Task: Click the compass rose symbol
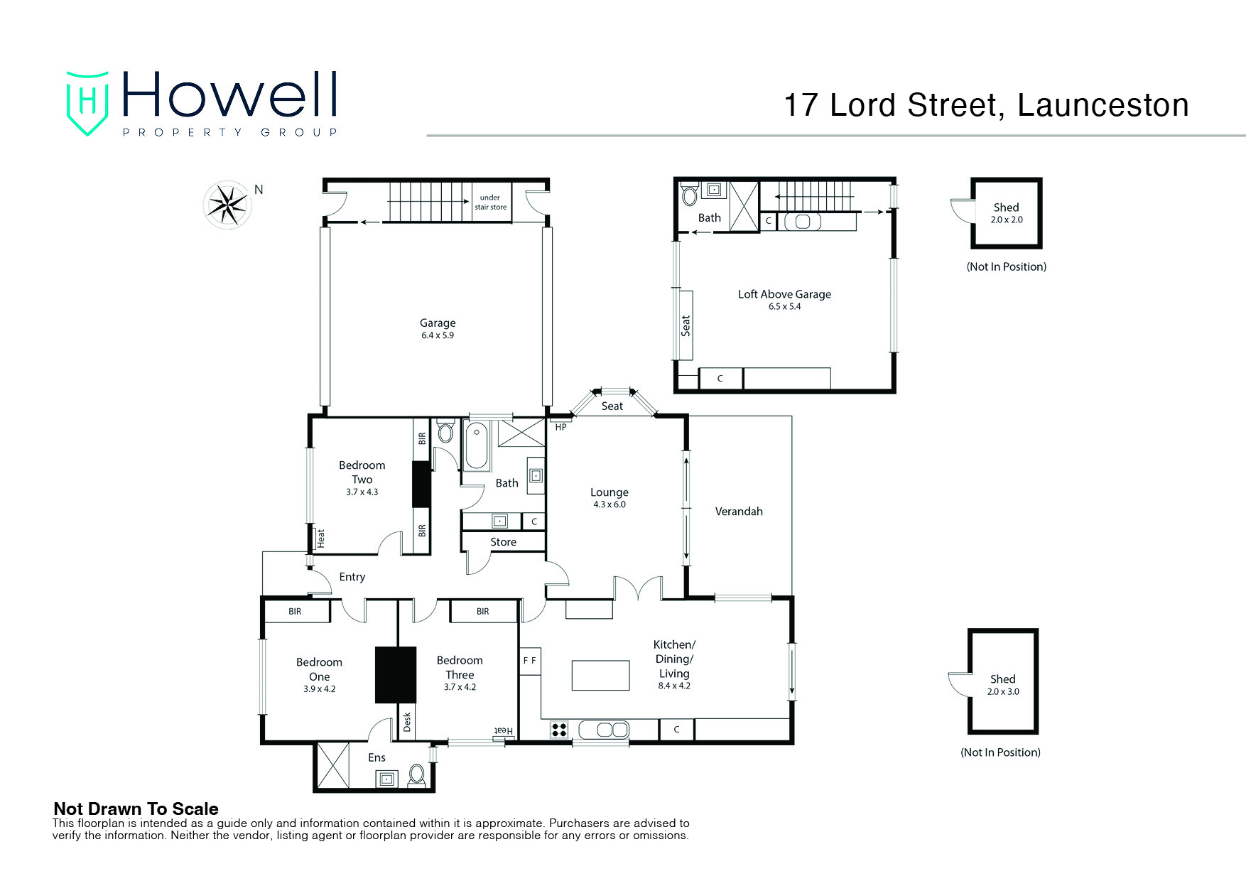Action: pyautogui.click(x=227, y=205)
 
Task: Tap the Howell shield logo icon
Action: pyautogui.click(x=87, y=103)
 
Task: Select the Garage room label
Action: pyautogui.click(x=438, y=323)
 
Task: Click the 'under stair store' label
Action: pyautogui.click(x=490, y=202)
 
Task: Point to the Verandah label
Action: pyautogui.click(x=739, y=512)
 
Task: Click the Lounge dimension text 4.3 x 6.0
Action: pyautogui.click(x=610, y=505)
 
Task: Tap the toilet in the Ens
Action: pyautogui.click(x=417, y=775)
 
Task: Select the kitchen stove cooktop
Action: pyautogui.click(x=560, y=730)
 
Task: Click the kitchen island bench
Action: pyautogui.click(x=601, y=676)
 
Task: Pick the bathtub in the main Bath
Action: pyautogui.click(x=477, y=446)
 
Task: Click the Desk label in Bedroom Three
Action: pyautogui.click(x=407, y=723)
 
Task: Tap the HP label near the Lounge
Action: pyautogui.click(x=561, y=427)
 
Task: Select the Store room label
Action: pyautogui.click(x=503, y=542)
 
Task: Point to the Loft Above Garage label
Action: pyautogui.click(x=784, y=294)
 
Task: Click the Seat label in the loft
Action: pyautogui.click(x=686, y=325)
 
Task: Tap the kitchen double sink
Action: pyautogui.click(x=604, y=730)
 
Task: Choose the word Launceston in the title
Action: pyautogui.click(x=1103, y=105)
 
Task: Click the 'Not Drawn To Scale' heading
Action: pyautogui.click(x=136, y=809)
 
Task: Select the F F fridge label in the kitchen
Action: pyautogui.click(x=530, y=661)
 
